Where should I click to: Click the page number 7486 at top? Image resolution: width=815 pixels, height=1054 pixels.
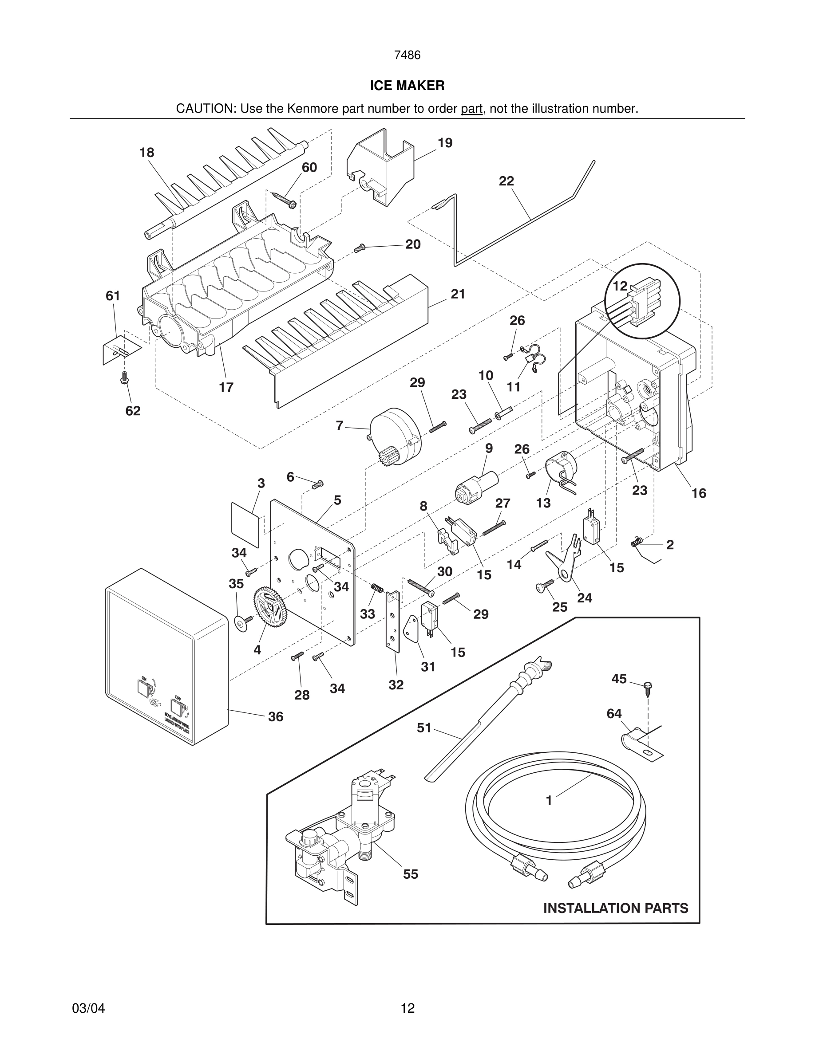tap(407, 55)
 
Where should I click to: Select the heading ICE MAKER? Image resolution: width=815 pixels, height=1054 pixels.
tap(407, 86)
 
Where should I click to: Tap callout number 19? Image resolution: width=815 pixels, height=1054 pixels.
tap(445, 143)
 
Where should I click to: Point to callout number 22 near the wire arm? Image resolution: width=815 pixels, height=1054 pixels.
tap(506, 181)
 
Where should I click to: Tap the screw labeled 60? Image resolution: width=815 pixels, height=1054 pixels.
tap(285, 200)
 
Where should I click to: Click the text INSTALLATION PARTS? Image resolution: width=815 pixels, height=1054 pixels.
tap(616, 908)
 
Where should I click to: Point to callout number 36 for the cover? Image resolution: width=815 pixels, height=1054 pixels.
tap(276, 717)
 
